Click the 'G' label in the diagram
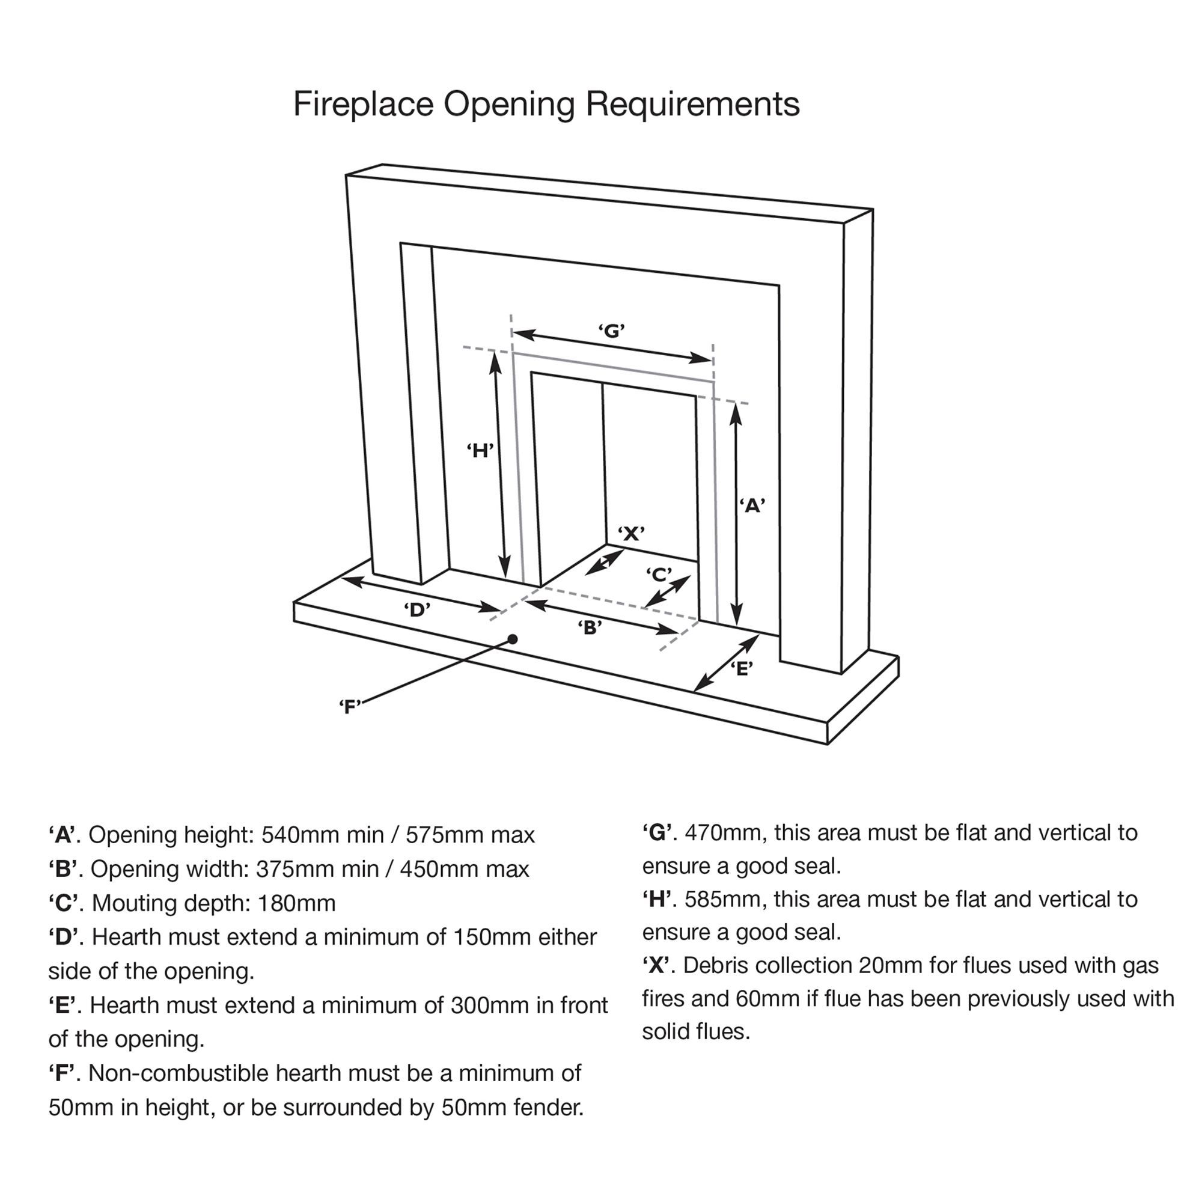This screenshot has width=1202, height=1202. [x=612, y=331]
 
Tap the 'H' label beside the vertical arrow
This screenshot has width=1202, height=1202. [x=480, y=450]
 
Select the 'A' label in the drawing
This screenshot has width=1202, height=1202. [x=752, y=506]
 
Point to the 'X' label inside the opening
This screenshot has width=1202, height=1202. [x=631, y=533]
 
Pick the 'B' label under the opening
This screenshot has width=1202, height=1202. [x=590, y=628]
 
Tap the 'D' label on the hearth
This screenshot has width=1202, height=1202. [x=417, y=609]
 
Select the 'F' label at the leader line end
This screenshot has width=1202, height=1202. [x=350, y=707]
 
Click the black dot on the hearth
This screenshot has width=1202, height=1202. [x=513, y=639]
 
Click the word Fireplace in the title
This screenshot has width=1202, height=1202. [x=363, y=104]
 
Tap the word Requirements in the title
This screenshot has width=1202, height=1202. [x=692, y=104]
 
